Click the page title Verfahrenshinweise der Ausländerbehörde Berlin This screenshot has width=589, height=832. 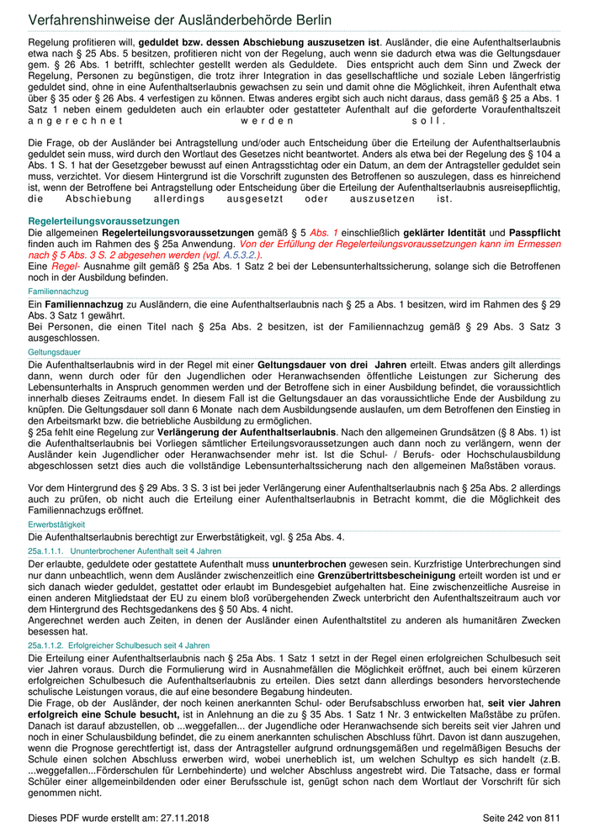click(179, 19)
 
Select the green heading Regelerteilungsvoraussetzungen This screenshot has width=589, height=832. click(103, 221)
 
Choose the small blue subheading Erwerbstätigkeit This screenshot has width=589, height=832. click(56, 524)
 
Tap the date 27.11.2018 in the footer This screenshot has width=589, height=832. click(157, 818)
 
